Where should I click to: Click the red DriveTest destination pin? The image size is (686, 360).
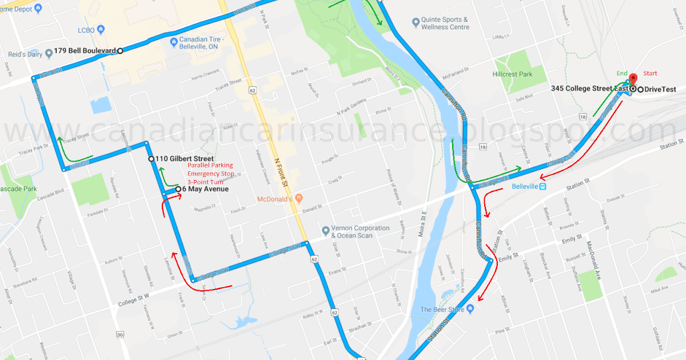(633, 81)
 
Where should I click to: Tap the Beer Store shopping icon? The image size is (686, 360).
(470, 309)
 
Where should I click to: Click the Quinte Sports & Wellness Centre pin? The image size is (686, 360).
(416, 23)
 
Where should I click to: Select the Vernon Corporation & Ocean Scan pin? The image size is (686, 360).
(325, 231)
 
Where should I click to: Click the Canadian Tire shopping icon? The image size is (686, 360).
(173, 42)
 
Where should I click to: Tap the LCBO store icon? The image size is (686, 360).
(101, 29)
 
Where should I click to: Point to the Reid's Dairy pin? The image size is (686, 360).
(49, 54)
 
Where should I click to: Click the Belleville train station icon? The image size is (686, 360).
(543, 186)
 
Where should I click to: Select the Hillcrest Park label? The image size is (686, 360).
(512, 74)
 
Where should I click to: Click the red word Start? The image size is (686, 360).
(651, 73)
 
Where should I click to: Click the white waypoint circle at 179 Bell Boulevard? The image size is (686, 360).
(120, 51)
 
